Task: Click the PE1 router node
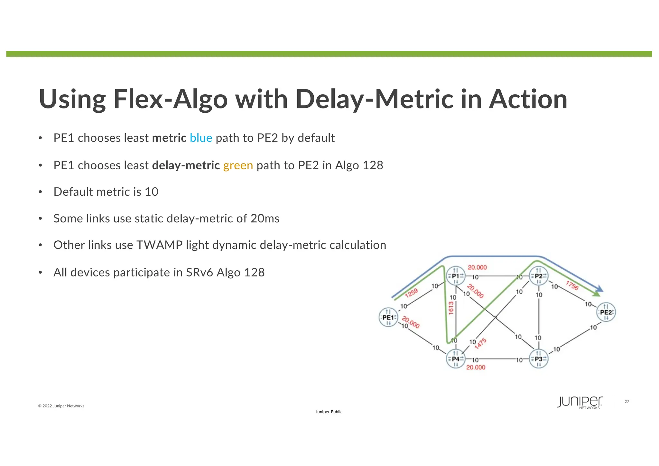(388, 317)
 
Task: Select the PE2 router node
(606, 312)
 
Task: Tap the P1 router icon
(456, 276)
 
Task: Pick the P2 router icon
(539, 276)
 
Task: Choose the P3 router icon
(539, 359)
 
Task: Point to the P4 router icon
(456, 359)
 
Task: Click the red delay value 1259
(411, 293)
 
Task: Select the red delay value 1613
(451, 308)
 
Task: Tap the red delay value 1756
(572, 285)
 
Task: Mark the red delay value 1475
(480, 344)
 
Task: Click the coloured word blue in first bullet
(201, 138)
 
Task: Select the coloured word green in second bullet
(238, 165)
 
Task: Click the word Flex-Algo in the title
(171, 99)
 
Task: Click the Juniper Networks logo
(580, 402)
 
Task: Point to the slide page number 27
(627, 402)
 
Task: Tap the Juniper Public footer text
(329, 412)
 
